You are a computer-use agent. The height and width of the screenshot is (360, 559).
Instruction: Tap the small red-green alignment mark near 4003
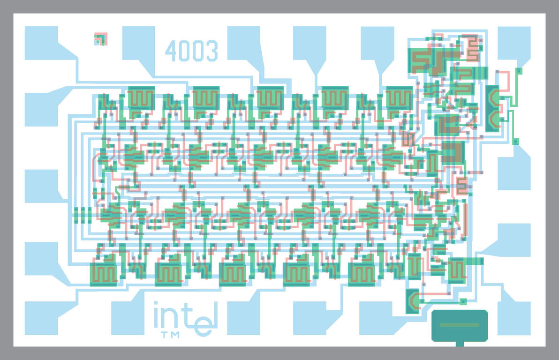100,39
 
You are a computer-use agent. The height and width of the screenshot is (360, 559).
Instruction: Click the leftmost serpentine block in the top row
141,98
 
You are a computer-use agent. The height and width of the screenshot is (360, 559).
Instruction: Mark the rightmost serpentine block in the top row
399,98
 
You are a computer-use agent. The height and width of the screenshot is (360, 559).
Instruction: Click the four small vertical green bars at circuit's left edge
83,215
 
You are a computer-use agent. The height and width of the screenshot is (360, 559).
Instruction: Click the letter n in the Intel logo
171,318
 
